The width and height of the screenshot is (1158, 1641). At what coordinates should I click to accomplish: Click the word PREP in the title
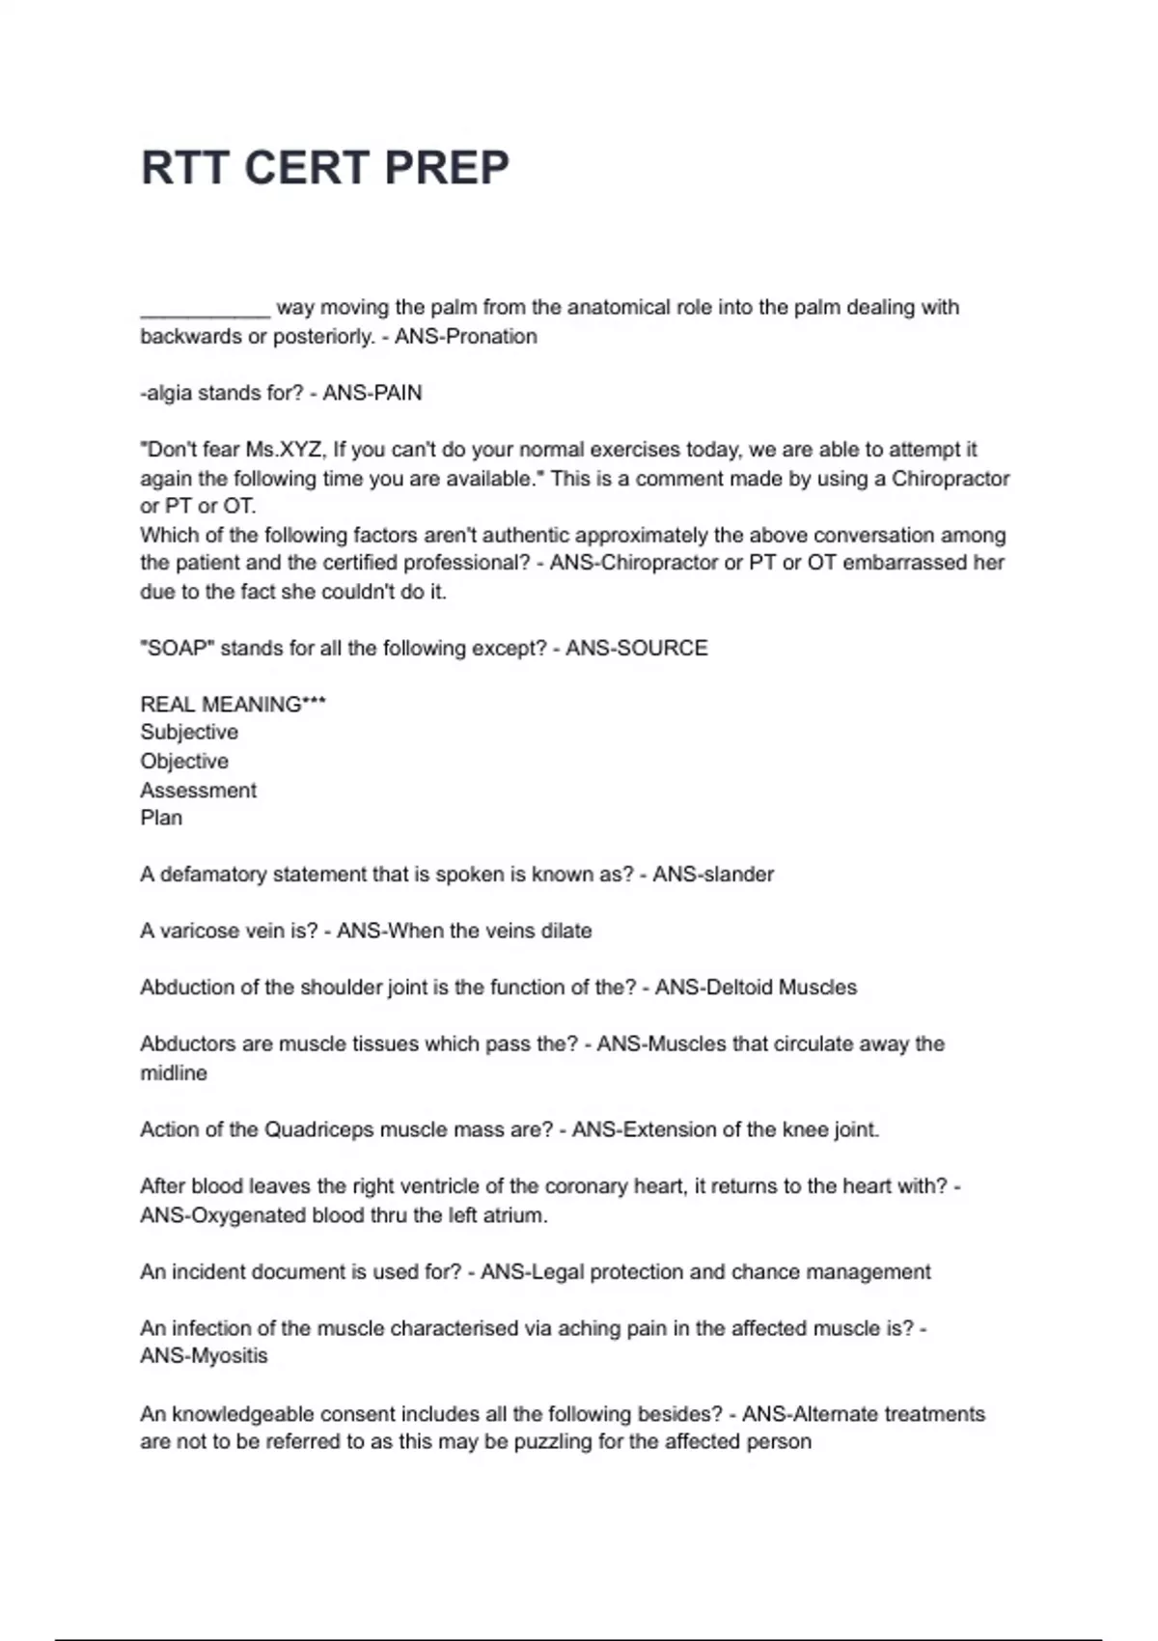pyautogui.click(x=447, y=168)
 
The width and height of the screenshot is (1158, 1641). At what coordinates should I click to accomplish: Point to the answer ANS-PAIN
pyautogui.click(x=372, y=393)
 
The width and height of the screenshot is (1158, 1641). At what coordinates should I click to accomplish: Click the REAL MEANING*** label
pyautogui.click(x=233, y=705)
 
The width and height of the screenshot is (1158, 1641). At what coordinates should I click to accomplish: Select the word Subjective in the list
pyautogui.click(x=189, y=733)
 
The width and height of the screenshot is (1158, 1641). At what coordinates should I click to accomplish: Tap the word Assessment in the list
pyautogui.click(x=198, y=790)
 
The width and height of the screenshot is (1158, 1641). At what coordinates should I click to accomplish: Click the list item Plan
pyautogui.click(x=161, y=818)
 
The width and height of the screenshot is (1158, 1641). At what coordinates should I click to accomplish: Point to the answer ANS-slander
pyautogui.click(x=713, y=875)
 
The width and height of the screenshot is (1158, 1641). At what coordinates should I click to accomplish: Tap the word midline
pyautogui.click(x=174, y=1073)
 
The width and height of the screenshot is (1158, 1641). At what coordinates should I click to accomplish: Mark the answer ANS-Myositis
pyautogui.click(x=204, y=1356)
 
